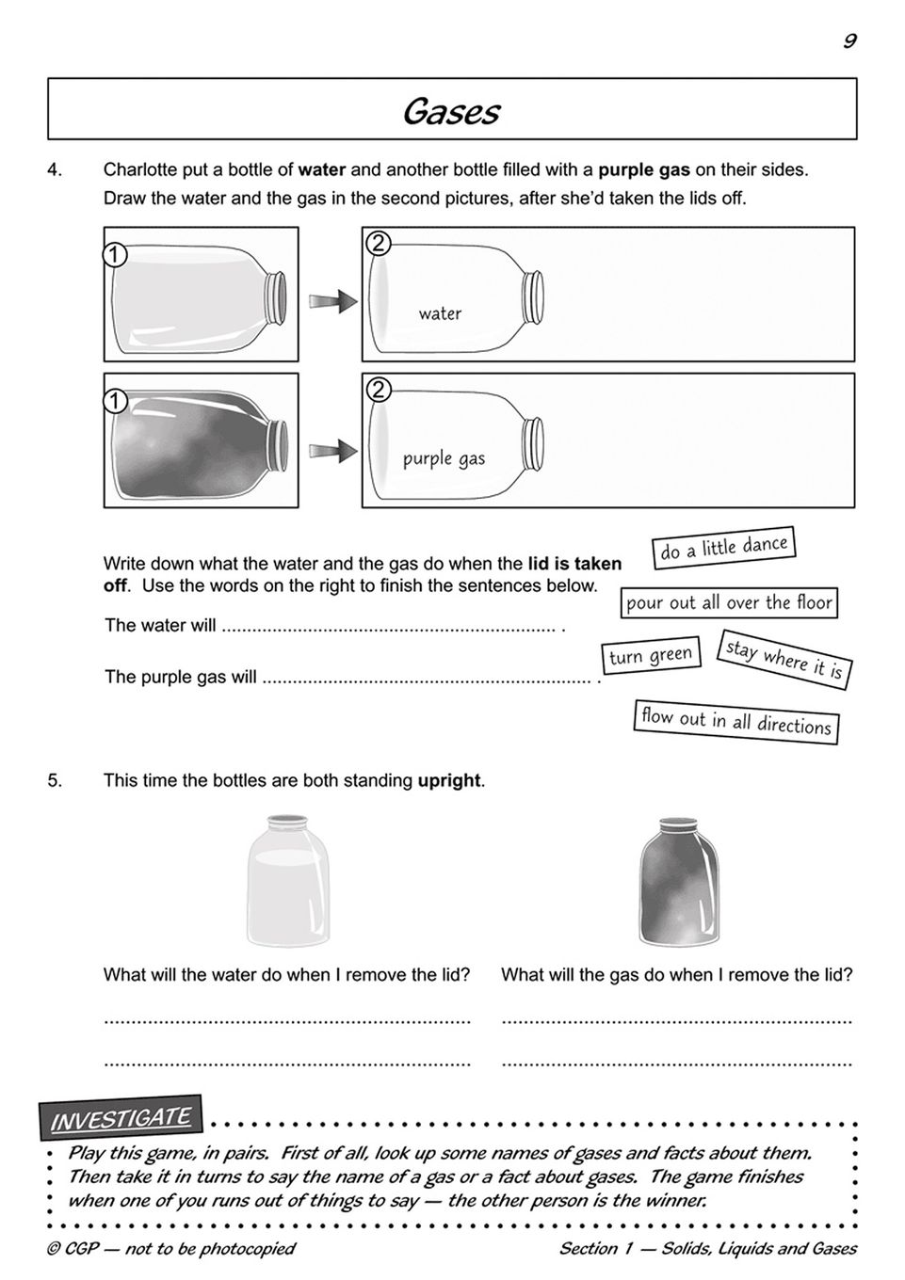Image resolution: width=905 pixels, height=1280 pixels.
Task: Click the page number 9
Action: coord(849,40)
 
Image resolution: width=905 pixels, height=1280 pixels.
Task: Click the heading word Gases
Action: coord(451,111)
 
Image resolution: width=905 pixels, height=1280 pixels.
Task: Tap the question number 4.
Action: coord(55,170)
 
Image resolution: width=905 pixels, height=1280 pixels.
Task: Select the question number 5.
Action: coord(55,780)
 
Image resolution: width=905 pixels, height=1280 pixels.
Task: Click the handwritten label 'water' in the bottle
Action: coord(440,313)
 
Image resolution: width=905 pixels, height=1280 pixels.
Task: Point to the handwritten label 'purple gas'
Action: coord(444,458)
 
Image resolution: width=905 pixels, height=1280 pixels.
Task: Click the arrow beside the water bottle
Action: coord(332,301)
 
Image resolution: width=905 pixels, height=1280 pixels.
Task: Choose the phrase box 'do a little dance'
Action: coord(723,548)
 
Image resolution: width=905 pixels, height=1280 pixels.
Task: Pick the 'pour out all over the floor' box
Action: coord(729,602)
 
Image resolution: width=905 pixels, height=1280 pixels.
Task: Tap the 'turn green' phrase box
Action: coord(651,656)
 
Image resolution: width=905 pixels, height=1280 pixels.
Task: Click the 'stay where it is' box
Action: coord(784,660)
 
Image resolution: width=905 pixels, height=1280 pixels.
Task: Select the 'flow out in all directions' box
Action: coord(735,722)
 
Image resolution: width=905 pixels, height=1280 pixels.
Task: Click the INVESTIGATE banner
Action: coord(121,1119)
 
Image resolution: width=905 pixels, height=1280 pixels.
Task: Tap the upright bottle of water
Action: coord(288,881)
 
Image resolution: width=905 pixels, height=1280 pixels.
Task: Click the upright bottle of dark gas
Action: coord(679,881)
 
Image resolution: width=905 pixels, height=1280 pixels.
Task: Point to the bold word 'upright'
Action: coord(449,780)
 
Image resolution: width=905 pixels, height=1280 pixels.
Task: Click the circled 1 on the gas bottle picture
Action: coord(114,402)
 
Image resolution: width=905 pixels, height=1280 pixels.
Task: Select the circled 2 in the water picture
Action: coord(377,243)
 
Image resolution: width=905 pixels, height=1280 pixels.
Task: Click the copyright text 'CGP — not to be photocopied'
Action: coord(170,1249)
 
